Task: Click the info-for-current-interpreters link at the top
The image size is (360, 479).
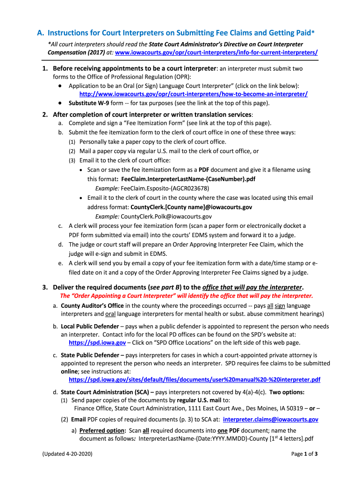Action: pyautogui.click(x=216, y=52)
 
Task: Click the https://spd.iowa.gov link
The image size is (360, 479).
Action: pyautogui.click(x=97, y=342)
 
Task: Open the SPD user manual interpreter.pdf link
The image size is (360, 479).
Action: pyautogui.click(x=194, y=379)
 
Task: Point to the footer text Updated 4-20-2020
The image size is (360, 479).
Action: pyautogui.click(x=67, y=454)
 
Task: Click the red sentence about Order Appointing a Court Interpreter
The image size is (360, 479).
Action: pyautogui.click(x=187, y=296)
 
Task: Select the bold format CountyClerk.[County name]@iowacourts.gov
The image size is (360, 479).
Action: pyautogui.click(x=191, y=207)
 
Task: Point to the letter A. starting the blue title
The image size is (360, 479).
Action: pyautogui.click(x=41, y=33)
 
